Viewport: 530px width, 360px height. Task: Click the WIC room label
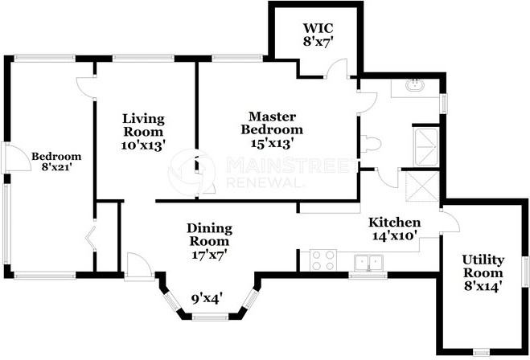pos(318,27)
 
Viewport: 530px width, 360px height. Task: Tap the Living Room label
pos(143,125)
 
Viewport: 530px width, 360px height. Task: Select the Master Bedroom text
pos(272,123)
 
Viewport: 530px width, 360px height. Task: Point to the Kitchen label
pos(394,223)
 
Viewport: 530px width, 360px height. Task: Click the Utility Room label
pos(483,266)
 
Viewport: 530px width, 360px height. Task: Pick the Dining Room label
pos(210,235)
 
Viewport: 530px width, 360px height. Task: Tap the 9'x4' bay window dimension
pos(207,299)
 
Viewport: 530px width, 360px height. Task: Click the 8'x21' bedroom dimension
pos(56,167)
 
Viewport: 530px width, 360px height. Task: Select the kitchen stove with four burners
pos(323,260)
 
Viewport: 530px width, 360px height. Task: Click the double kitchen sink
pos(368,263)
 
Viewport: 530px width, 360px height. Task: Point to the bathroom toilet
pos(371,144)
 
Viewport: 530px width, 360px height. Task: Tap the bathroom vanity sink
pos(415,84)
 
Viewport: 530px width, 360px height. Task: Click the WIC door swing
pos(336,69)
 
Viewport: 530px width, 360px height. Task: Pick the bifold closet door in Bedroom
pos(90,239)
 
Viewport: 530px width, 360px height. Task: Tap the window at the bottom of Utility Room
pos(481,352)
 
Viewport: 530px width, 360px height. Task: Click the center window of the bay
pos(210,317)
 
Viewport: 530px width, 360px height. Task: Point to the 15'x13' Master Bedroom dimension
pos(271,144)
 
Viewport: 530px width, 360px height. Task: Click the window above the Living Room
pos(143,58)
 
